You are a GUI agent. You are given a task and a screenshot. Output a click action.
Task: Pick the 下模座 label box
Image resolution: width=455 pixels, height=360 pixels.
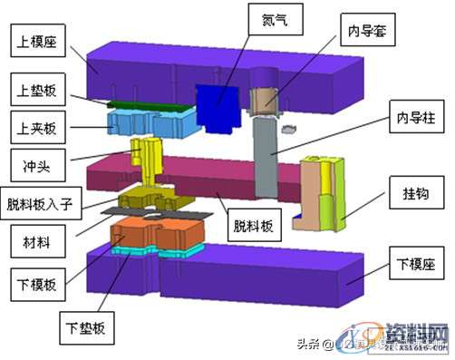pos(417,267)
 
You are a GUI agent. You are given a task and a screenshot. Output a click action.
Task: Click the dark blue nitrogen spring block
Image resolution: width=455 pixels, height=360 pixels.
pos(216,106)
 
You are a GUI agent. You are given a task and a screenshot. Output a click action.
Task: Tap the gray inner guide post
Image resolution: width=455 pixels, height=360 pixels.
pos(266,159)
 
